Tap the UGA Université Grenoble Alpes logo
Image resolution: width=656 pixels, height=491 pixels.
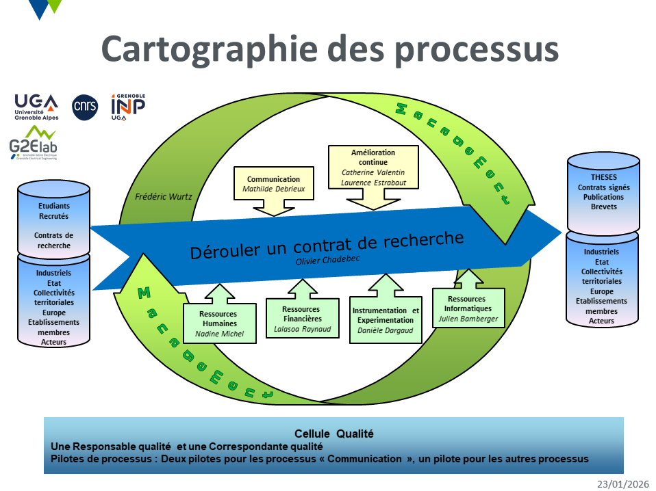pos(36,107)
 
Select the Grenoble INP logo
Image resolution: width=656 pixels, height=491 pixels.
pos(128,107)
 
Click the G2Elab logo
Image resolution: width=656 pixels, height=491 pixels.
pos(32,143)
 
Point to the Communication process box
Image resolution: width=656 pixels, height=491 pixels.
pos(273,183)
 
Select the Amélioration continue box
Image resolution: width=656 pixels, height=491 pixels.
pos(373,167)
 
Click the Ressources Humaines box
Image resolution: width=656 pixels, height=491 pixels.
pos(219,323)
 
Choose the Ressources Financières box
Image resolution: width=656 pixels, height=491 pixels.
pos(302,319)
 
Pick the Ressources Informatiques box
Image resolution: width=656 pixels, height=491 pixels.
pos(468,308)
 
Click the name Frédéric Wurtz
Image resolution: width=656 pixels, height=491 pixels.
pos(164,196)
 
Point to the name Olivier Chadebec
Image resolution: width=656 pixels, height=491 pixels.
pos(327,261)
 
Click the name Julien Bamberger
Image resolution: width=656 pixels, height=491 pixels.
pos(468,319)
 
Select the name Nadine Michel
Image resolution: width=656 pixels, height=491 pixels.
pos(219,334)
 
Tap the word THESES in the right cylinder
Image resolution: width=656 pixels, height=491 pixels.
pos(603,178)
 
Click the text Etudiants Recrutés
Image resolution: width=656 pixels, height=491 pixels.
pos(54,211)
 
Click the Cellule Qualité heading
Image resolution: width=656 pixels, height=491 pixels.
pos(334,434)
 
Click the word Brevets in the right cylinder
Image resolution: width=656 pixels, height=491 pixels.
pos(603,207)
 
